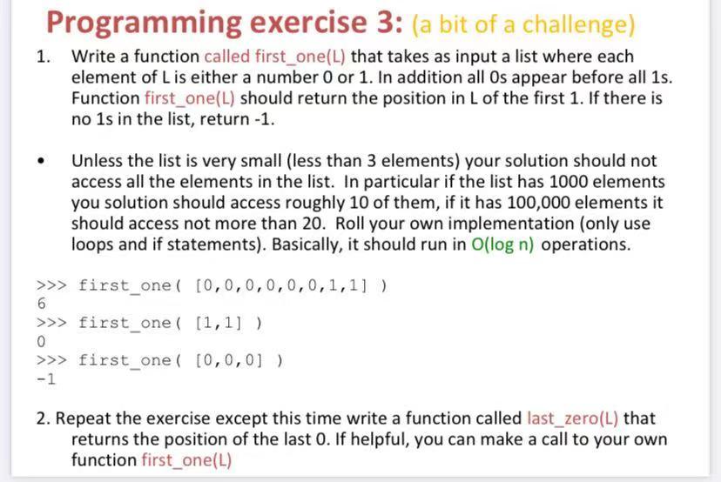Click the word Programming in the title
144,23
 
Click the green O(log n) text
502,244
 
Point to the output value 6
42,304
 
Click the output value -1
46,379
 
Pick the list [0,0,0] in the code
228,360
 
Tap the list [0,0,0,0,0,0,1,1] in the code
281,285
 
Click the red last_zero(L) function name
572,418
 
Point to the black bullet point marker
42,161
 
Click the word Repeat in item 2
84,419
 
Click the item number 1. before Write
44,57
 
